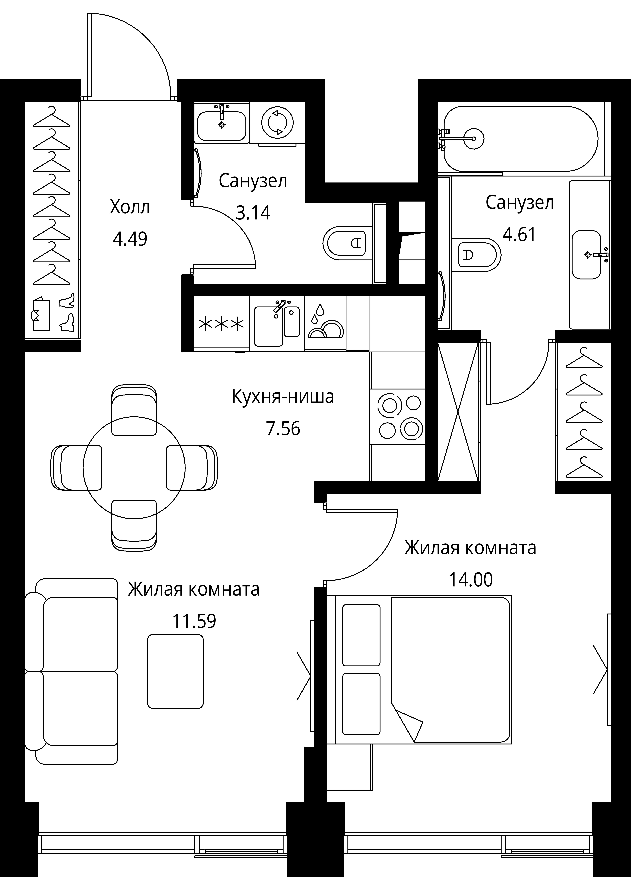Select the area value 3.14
coord(253,213)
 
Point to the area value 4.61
coord(519,234)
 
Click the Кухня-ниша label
coord(283,397)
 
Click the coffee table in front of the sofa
coord(175,671)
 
